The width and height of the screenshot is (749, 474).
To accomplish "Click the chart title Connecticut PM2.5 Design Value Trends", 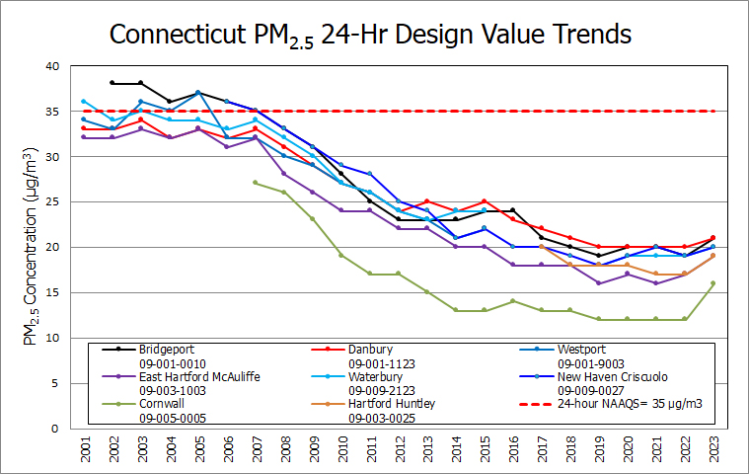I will click(370, 35).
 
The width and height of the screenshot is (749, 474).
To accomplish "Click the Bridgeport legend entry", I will click(166, 349).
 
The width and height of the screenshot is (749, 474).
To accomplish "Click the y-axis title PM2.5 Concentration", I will click(30, 247).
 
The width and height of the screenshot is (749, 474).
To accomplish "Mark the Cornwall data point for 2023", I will click(712, 283).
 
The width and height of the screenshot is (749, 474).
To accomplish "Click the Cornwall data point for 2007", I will click(255, 183).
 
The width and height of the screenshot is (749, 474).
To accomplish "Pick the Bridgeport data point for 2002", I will click(112, 83).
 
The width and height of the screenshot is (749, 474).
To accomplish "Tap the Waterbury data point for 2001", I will click(84, 101).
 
